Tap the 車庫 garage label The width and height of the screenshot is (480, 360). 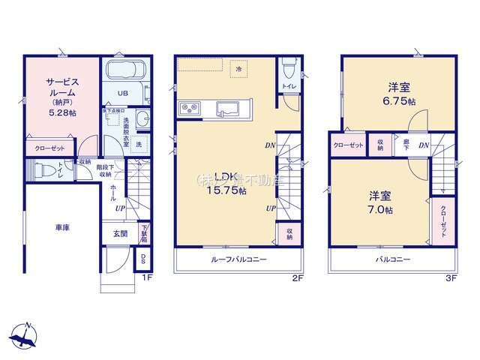point(61,226)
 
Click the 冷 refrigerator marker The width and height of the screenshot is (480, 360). point(238,69)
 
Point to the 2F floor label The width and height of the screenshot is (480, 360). point(297,278)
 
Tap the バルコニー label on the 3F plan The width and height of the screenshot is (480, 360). point(393,259)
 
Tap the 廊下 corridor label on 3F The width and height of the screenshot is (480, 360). point(406,145)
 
